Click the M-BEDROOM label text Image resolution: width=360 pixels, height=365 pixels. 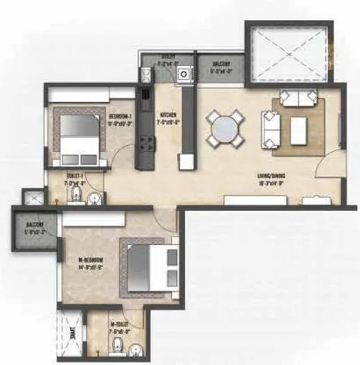90,262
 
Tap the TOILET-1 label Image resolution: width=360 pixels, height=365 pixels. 76,178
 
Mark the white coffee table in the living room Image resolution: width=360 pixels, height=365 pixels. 298,131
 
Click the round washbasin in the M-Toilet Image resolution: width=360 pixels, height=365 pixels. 136,348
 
